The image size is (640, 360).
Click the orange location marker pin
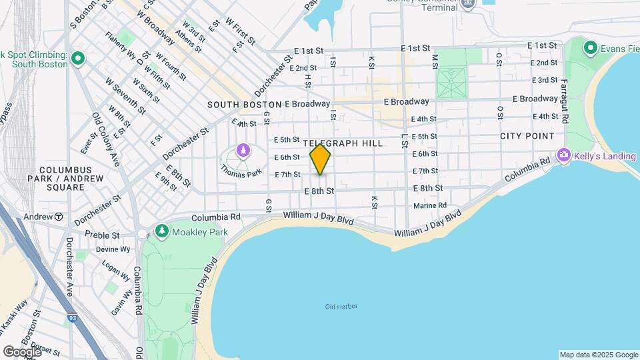320,159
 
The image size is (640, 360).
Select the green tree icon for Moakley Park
161,231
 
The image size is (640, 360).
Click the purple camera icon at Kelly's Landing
564,155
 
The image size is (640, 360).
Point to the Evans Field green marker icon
590,48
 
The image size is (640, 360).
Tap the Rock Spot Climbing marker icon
78,59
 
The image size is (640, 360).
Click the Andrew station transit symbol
59,217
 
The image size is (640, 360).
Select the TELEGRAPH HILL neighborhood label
343,143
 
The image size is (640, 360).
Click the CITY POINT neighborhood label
527,136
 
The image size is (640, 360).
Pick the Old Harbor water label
341,307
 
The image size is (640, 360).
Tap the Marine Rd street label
429,205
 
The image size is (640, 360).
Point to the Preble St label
102,235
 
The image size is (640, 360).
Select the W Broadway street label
157,30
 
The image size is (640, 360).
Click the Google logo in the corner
22,351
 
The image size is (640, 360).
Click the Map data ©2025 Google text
598,355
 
